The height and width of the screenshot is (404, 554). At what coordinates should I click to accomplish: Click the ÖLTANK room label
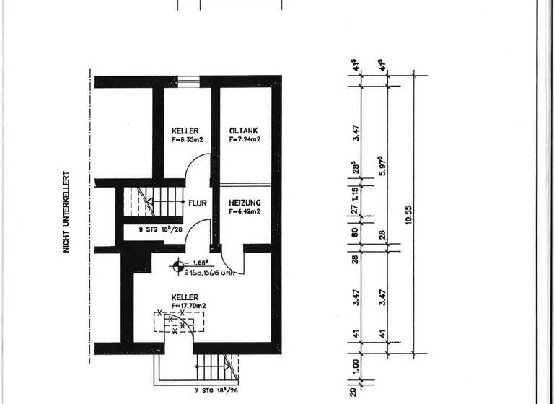tap(245, 131)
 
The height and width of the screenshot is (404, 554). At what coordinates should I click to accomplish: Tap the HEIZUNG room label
tap(245, 203)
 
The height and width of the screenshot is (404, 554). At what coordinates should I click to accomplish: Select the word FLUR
tap(198, 203)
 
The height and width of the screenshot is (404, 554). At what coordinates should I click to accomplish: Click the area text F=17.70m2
tap(189, 306)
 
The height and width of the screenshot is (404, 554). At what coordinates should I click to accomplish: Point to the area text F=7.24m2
tap(245, 139)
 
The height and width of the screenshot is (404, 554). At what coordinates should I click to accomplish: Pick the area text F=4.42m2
tap(245, 212)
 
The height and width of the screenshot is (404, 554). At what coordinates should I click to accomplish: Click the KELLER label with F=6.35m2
tap(185, 131)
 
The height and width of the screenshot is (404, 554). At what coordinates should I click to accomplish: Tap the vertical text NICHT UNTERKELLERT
tap(66, 211)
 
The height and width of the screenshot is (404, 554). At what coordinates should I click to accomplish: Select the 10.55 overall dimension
tap(409, 214)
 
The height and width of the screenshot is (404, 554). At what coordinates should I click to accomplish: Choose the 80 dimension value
tap(356, 233)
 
